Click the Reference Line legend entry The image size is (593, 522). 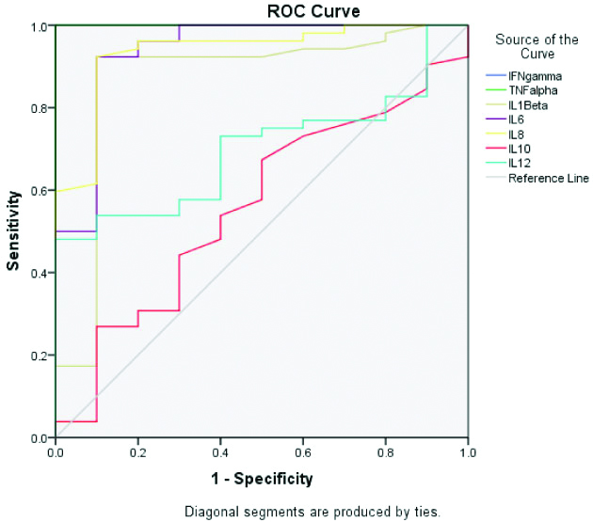click(548, 178)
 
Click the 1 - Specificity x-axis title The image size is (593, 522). click(261, 479)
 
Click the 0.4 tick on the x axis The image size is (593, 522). click(220, 453)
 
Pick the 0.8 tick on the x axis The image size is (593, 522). click(385, 453)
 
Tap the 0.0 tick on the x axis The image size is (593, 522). click(56, 453)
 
